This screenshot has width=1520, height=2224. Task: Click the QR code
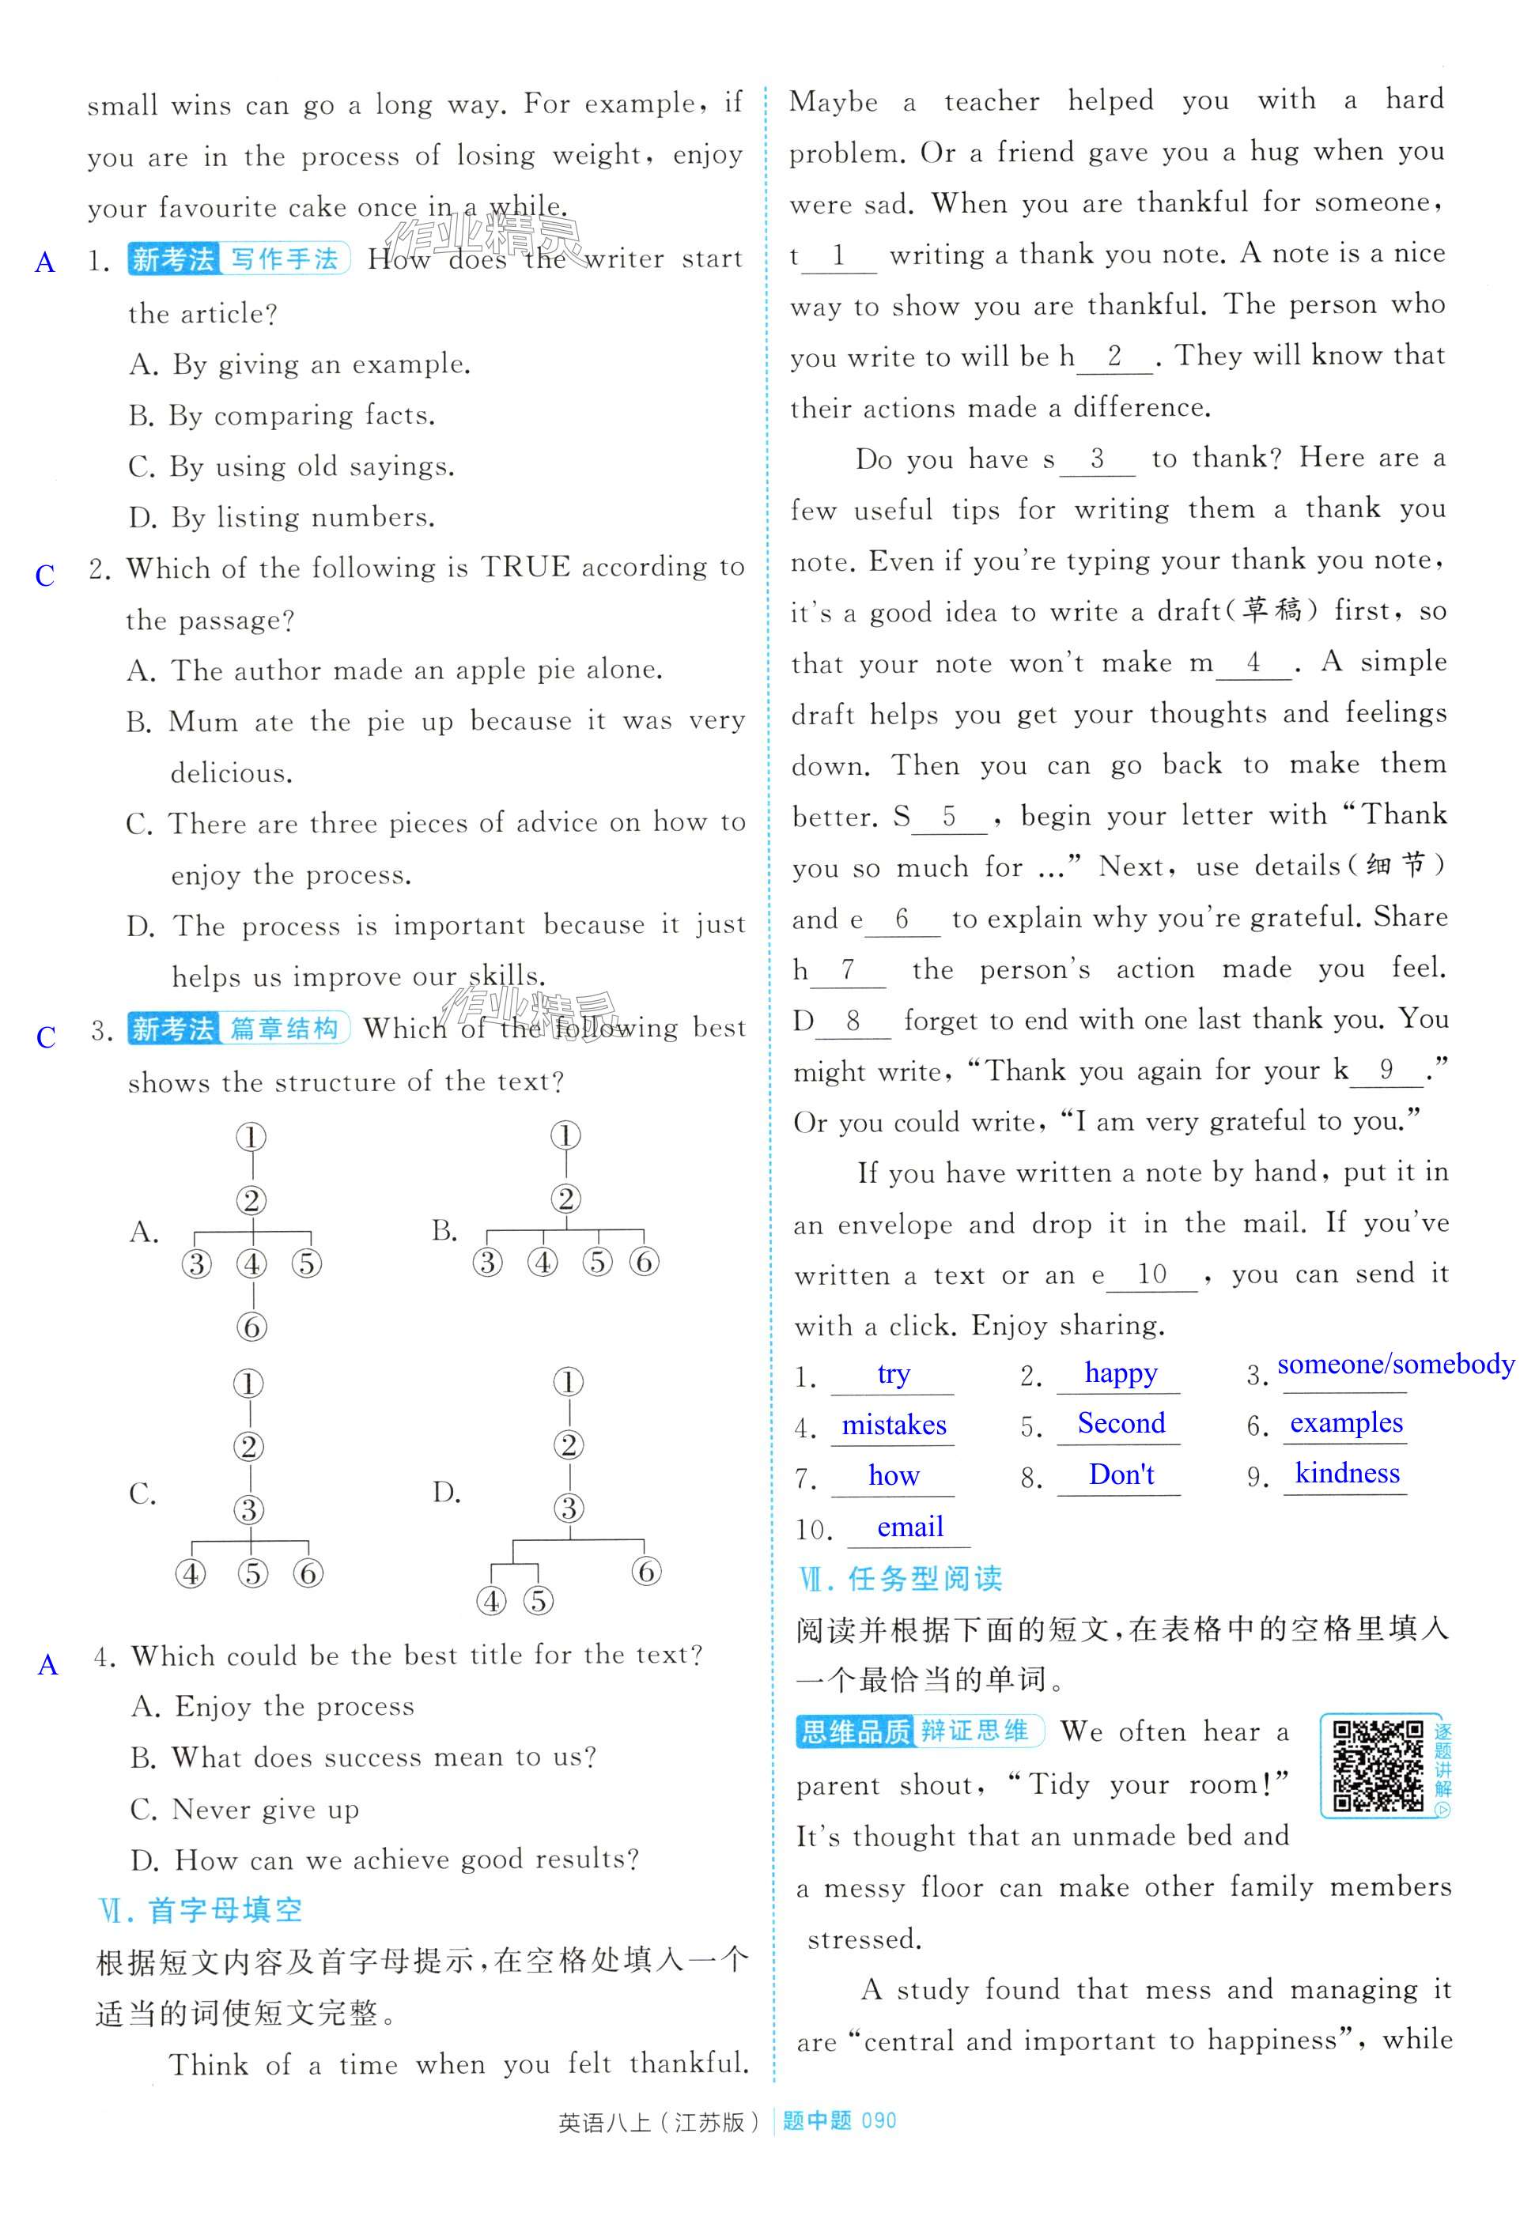click(1378, 1765)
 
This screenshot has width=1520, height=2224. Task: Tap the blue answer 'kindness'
click(1347, 1473)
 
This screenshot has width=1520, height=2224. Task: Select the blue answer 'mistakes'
click(893, 1425)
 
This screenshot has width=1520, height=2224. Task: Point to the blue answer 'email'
click(909, 1527)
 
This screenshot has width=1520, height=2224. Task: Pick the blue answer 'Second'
click(1121, 1423)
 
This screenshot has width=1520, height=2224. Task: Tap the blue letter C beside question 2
click(45, 575)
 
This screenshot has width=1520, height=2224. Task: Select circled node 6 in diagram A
click(251, 1327)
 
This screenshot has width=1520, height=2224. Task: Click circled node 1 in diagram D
click(569, 1382)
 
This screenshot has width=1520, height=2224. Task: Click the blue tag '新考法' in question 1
click(173, 259)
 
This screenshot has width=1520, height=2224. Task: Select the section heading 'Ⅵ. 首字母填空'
click(201, 1910)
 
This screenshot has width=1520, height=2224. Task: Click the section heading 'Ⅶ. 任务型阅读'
click(900, 1579)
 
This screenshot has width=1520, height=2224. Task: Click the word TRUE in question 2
click(524, 568)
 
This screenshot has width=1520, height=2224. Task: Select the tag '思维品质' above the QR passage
click(855, 1732)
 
